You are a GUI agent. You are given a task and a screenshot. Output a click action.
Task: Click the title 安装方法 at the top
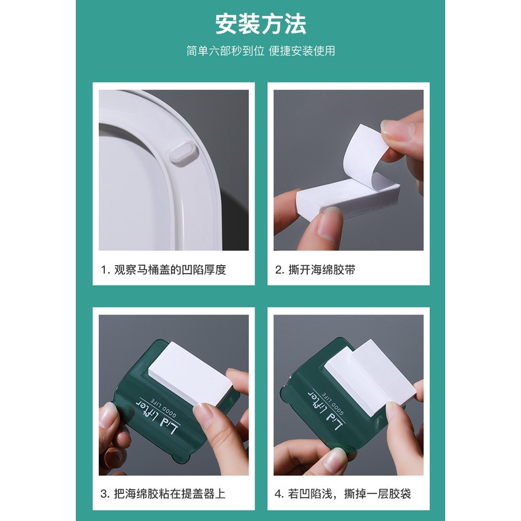point(260,24)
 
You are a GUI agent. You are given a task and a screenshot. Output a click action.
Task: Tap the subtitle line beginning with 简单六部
point(260,51)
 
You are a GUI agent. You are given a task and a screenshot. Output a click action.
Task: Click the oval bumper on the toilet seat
point(183,153)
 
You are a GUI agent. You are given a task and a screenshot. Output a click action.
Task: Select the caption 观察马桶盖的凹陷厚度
point(169,270)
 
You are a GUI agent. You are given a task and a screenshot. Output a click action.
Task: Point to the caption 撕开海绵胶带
point(321,270)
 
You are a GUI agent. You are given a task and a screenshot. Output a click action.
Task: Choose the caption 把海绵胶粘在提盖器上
point(169,494)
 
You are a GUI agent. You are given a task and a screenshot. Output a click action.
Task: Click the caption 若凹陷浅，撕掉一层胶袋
point(350,494)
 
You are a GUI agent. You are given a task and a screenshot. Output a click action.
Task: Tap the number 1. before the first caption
point(106,270)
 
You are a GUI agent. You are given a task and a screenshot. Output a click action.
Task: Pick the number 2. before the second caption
point(280,270)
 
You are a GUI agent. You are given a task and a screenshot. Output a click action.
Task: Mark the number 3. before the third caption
point(106,494)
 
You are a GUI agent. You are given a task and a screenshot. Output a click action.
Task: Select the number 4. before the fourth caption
point(280,494)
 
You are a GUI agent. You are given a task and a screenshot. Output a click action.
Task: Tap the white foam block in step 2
point(346,199)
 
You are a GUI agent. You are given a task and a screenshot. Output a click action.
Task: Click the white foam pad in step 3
point(191,375)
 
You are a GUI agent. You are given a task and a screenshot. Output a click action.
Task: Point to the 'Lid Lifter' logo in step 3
point(158,417)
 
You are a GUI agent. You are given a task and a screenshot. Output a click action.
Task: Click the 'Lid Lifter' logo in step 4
point(326,410)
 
